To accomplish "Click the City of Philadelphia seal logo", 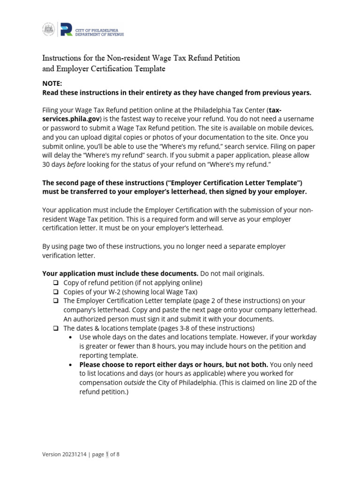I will point(48,29).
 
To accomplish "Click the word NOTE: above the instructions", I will point(52,83).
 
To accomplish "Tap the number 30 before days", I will point(46,164).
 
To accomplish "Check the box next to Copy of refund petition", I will point(56,283).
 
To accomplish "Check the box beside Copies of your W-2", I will point(56,292).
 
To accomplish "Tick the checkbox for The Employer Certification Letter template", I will point(56,301).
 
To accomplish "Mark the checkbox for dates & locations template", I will point(56,328).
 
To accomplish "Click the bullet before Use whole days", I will point(70,337).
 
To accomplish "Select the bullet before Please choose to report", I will point(70,365).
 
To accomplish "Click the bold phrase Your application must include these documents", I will point(120,273).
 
